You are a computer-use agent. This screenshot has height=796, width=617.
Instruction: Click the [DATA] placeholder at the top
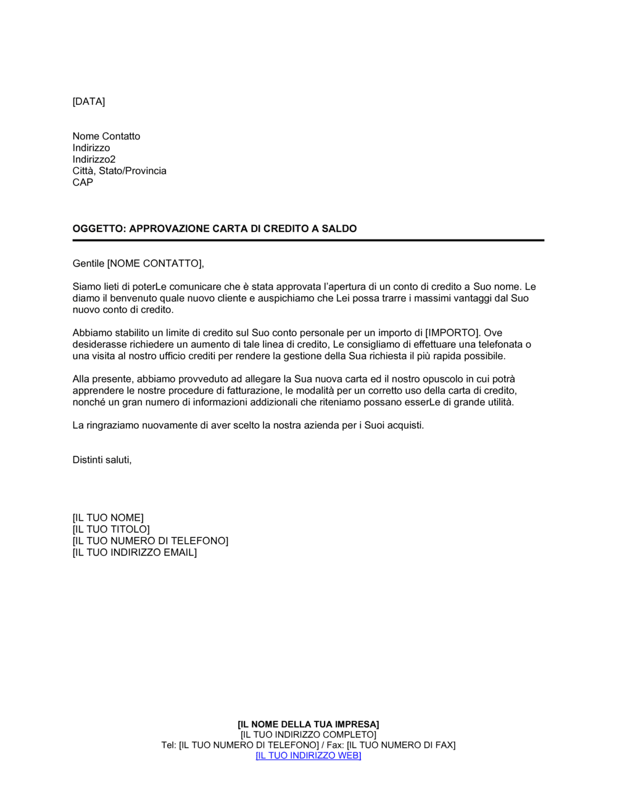[89, 102]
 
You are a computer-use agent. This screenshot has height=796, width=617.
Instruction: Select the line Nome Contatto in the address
[106, 136]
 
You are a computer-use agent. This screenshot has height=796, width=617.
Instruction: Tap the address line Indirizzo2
[94, 159]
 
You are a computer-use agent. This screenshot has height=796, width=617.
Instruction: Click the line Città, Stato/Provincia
[119, 171]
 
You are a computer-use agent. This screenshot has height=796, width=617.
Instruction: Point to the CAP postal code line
[83, 183]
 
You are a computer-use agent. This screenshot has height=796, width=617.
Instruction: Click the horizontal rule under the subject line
[308, 240]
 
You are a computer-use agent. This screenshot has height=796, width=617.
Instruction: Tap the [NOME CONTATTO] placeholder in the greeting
[154, 264]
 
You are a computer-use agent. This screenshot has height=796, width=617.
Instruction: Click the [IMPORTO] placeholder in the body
[452, 333]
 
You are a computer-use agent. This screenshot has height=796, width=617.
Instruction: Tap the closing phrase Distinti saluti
[102, 460]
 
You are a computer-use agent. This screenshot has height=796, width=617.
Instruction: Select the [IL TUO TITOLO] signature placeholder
[111, 529]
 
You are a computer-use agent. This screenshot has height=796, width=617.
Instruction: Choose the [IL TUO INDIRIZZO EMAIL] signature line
[135, 553]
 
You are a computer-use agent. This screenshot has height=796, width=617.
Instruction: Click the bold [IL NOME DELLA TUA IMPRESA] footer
[308, 724]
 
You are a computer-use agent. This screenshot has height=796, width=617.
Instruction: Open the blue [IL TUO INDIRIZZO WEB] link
[308, 756]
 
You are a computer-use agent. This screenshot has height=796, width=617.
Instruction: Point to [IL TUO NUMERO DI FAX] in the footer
[401, 745]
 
